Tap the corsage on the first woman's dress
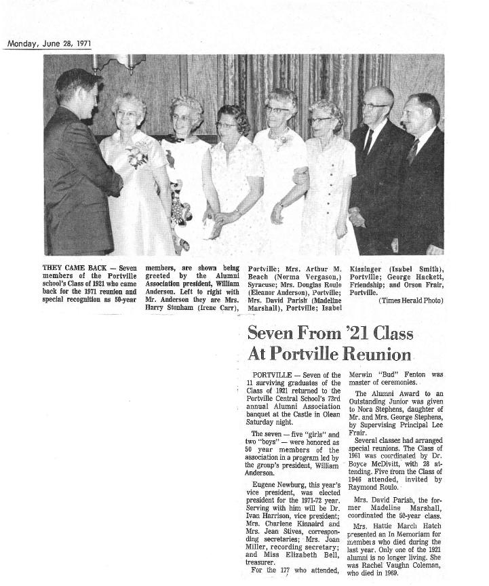point(138,156)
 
